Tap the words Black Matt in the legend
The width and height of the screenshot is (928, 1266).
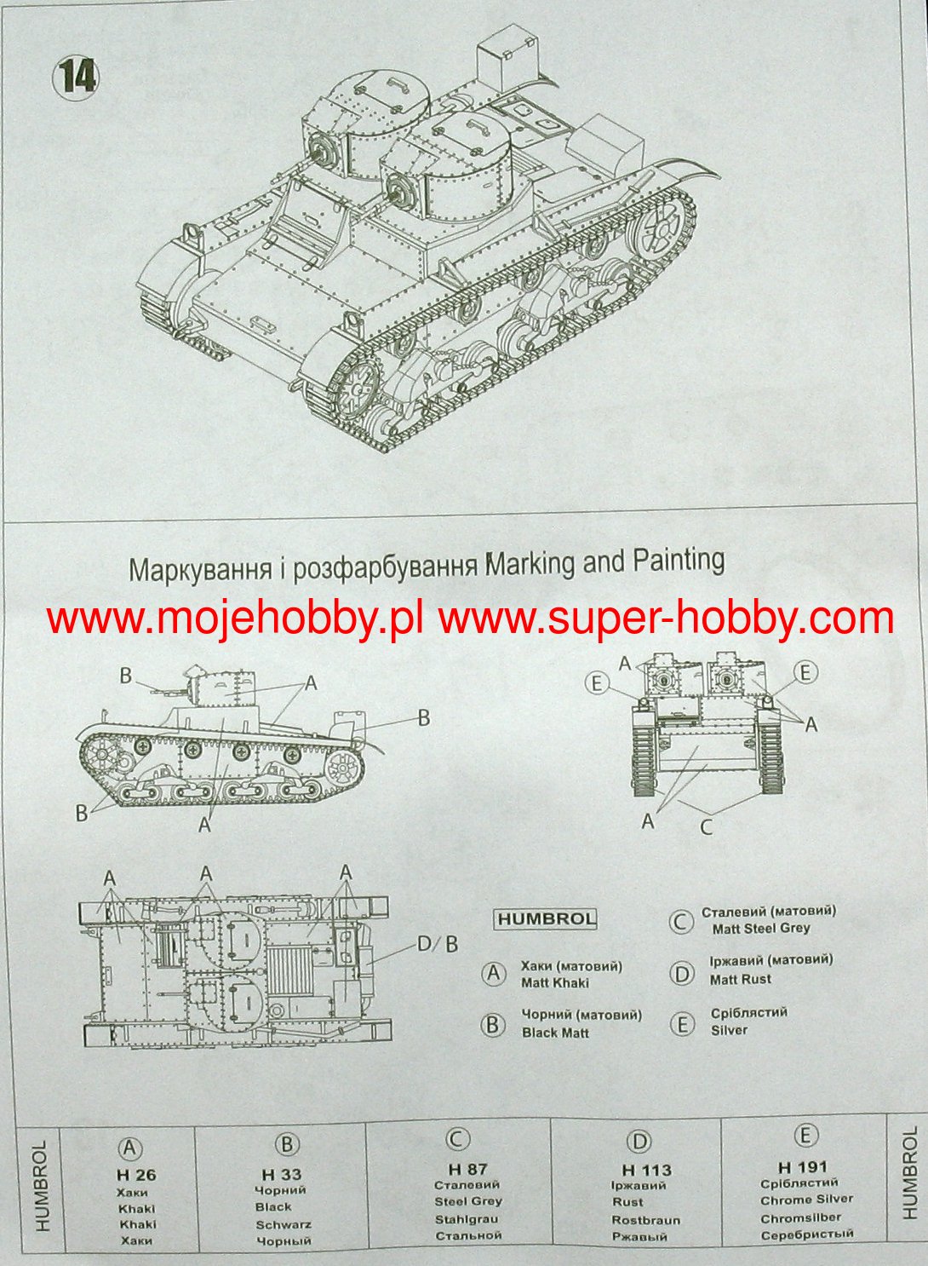pyautogui.click(x=556, y=1033)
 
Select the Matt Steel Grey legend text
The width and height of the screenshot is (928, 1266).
pyautogui.click(x=761, y=928)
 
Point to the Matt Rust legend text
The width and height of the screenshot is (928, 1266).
pyautogui.click(x=741, y=979)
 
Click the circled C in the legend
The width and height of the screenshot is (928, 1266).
pyautogui.click(x=680, y=921)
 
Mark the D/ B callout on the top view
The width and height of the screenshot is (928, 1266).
pyautogui.click(x=437, y=944)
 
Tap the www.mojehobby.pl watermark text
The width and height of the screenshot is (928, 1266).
pyautogui.click(x=235, y=619)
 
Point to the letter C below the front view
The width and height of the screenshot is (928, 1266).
pyautogui.click(x=706, y=827)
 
